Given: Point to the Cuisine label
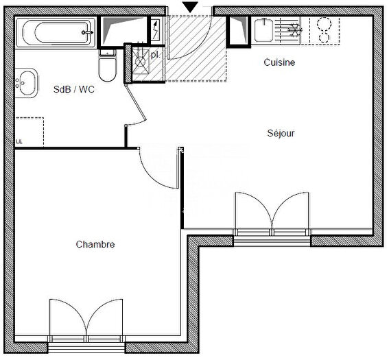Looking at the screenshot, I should pyautogui.click(x=279, y=62).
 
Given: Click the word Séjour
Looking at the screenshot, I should pyautogui.click(x=281, y=133).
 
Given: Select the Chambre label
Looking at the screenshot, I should pyautogui.click(x=95, y=244).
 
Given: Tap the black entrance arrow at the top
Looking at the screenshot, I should pyautogui.click(x=191, y=7).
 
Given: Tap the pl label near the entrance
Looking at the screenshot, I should pyautogui.click(x=154, y=54).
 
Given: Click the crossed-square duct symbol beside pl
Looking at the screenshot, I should pyautogui.click(x=141, y=61).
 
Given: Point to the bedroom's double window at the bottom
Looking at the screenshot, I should pyautogui.click(x=86, y=320).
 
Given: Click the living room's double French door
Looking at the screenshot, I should pyautogui.click(x=272, y=213).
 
